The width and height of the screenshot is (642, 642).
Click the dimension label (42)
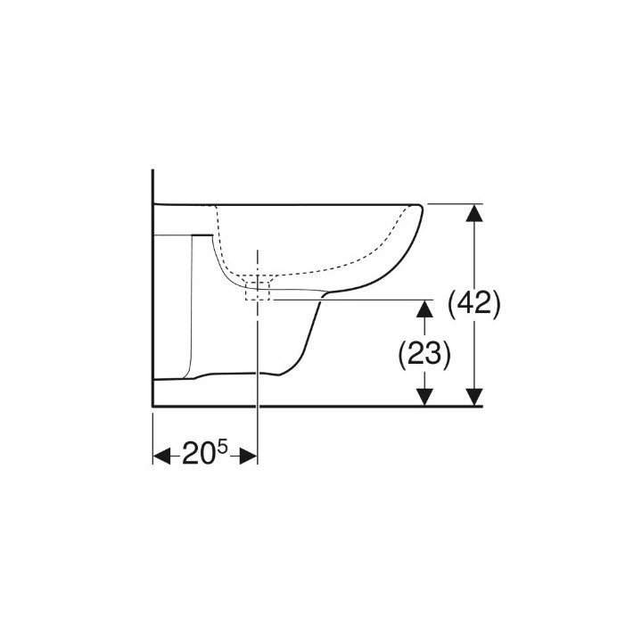pyautogui.click(x=473, y=305)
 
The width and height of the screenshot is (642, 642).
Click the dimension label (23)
pyautogui.click(x=423, y=354)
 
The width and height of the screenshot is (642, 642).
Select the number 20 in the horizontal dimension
pyautogui.click(x=197, y=456)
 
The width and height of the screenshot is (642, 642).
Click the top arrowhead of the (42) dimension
pyautogui.click(x=475, y=212)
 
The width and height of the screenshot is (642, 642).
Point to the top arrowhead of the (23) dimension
pyautogui.click(x=425, y=309)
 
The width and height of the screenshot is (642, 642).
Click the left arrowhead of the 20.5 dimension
pyautogui.click(x=161, y=456)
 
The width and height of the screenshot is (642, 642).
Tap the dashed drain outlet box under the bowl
pyautogui.click(x=258, y=288)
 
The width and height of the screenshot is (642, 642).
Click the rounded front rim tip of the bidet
pyautogui.click(x=419, y=214)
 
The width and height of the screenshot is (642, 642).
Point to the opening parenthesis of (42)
pyautogui.click(x=450, y=305)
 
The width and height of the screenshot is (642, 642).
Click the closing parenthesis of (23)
pyautogui.click(x=445, y=354)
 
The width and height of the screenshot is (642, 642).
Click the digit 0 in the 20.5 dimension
pyautogui.click(x=206, y=456)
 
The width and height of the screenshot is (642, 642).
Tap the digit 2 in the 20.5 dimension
pyautogui.click(x=189, y=456)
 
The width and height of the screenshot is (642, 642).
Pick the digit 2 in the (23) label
pyautogui.click(x=415, y=354)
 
